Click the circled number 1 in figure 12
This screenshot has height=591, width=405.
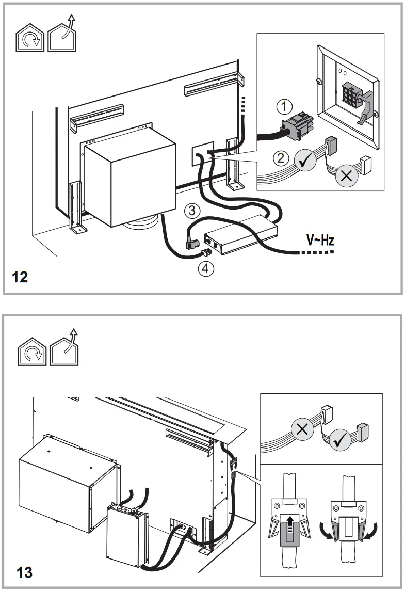click(x=283, y=107)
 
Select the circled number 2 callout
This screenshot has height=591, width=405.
click(x=281, y=158)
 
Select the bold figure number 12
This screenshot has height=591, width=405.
click(x=20, y=278)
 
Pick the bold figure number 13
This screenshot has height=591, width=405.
click(x=20, y=573)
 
